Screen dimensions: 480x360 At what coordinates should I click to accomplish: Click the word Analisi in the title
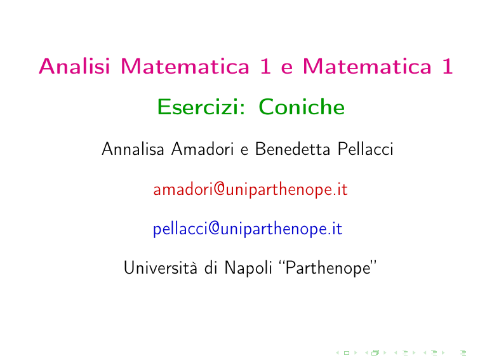(x=74, y=66)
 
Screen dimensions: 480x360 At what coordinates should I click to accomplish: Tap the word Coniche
(x=302, y=107)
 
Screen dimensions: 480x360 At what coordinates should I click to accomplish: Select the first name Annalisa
(x=133, y=149)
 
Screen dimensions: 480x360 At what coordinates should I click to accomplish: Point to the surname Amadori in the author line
(x=203, y=149)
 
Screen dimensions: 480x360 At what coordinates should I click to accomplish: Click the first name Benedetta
(x=293, y=149)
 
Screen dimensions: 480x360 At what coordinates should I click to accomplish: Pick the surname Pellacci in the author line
(x=366, y=149)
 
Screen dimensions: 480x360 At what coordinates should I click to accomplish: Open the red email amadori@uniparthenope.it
(x=250, y=189)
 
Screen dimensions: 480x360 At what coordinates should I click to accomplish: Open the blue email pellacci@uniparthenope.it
(x=248, y=229)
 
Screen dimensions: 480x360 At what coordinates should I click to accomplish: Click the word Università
(x=161, y=267)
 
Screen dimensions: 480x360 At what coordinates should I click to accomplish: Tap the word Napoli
(x=248, y=268)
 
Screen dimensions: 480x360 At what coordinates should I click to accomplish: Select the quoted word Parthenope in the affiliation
(x=328, y=268)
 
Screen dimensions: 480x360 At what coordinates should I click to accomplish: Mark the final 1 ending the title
(x=448, y=66)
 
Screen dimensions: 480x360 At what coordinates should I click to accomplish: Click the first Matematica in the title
(x=185, y=66)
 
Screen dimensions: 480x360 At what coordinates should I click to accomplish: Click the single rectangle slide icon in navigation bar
(x=347, y=353)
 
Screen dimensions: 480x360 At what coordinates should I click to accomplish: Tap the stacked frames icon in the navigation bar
(x=375, y=353)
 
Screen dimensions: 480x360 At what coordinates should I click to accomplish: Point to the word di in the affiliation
(x=211, y=267)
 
